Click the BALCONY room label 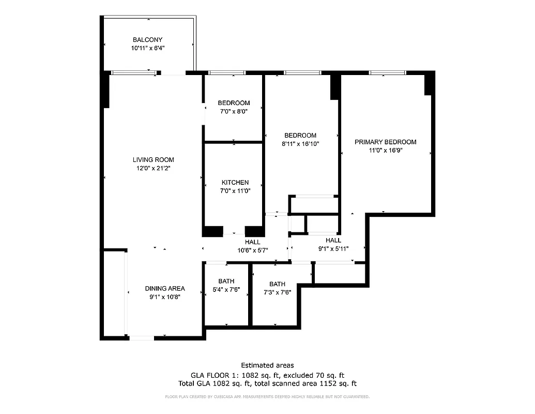click(x=147, y=40)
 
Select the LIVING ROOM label click(x=153, y=160)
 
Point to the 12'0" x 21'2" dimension click(x=153, y=168)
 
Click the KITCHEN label click(x=235, y=183)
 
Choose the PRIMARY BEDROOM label click(x=385, y=142)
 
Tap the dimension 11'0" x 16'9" click(x=385, y=150)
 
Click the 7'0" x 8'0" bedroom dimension click(x=234, y=111)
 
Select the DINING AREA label click(x=164, y=289)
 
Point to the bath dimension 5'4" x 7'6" click(x=226, y=290)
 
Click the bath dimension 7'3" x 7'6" click(x=277, y=292)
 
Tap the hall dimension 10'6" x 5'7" click(x=252, y=250)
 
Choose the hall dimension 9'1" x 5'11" click(x=333, y=248)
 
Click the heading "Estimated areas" click(x=267, y=365)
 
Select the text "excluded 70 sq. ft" click(x=317, y=375)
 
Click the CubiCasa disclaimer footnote click(x=267, y=397)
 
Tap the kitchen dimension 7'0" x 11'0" click(x=235, y=191)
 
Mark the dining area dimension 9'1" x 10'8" click(x=164, y=297)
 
